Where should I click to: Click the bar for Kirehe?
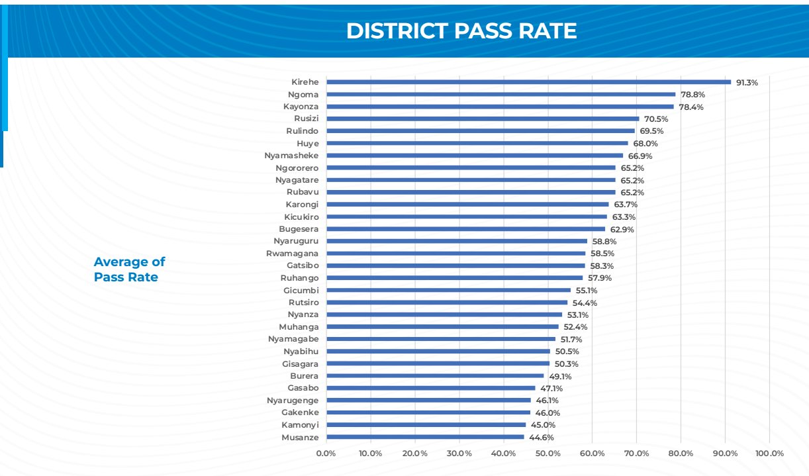point(528,82)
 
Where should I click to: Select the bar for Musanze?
point(425,437)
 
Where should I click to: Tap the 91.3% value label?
point(747,83)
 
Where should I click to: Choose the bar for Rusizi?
point(483,119)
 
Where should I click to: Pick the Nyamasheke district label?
point(291,156)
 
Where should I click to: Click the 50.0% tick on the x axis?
point(548,453)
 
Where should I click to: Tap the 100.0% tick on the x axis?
point(769,453)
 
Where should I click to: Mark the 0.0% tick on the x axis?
point(326,453)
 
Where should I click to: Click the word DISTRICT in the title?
point(394,31)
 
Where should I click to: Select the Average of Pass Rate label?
point(129,269)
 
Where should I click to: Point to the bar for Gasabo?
point(430,388)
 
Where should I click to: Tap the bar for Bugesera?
point(465,229)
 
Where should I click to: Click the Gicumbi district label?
point(301,291)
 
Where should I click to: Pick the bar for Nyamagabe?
point(441,339)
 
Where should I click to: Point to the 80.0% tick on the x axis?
point(681,453)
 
